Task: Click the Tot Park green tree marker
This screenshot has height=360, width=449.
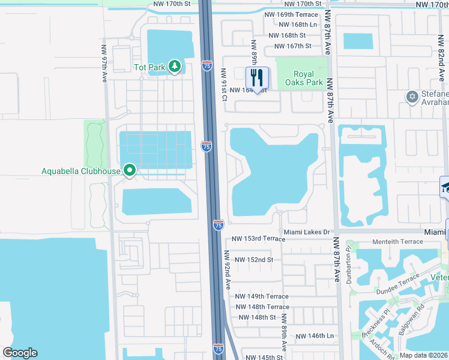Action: [175, 67]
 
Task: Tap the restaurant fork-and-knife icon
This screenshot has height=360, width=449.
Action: [257, 77]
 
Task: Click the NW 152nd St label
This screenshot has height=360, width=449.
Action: [254, 260]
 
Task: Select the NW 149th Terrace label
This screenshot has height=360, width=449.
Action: [262, 296]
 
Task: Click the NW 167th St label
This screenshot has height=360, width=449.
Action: [292, 46]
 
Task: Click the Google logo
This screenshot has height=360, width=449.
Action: [20, 353]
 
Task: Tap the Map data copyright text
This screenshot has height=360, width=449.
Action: [423, 355]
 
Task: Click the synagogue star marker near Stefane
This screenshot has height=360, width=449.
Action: [412, 97]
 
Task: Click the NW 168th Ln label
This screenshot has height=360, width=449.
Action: [298, 25]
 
